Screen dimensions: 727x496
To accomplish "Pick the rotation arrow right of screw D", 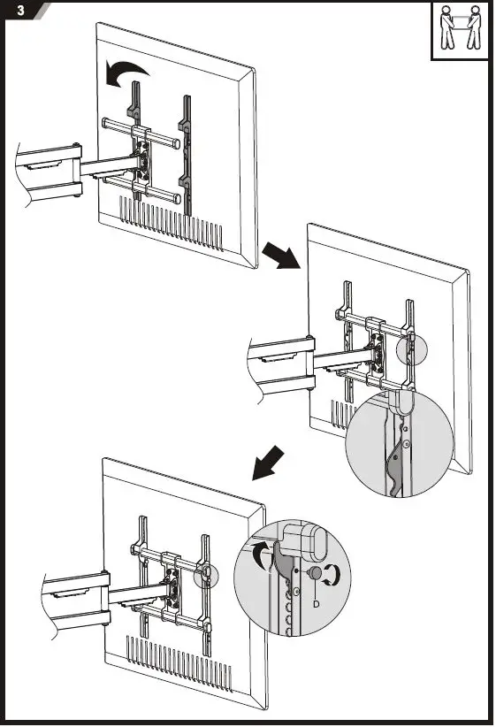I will point(332,575).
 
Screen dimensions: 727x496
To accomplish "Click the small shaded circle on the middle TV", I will point(411,348).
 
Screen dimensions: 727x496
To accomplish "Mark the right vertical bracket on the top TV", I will point(185,150).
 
